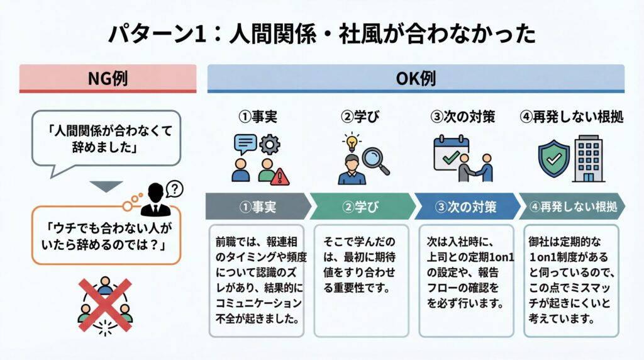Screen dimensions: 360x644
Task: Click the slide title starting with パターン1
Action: [321, 33]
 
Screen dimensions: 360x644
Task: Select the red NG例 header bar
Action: [108, 79]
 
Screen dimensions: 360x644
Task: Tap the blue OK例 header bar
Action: [416, 79]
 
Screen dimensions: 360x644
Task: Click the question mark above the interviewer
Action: [175, 188]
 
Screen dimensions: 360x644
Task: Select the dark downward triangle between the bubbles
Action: [105, 186]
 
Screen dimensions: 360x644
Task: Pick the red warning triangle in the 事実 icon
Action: [279, 176]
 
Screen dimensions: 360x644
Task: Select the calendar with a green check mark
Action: [451, 152]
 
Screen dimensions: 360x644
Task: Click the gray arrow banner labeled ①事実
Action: [257, 206]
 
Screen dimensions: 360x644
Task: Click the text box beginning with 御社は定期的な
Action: [571, 279]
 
